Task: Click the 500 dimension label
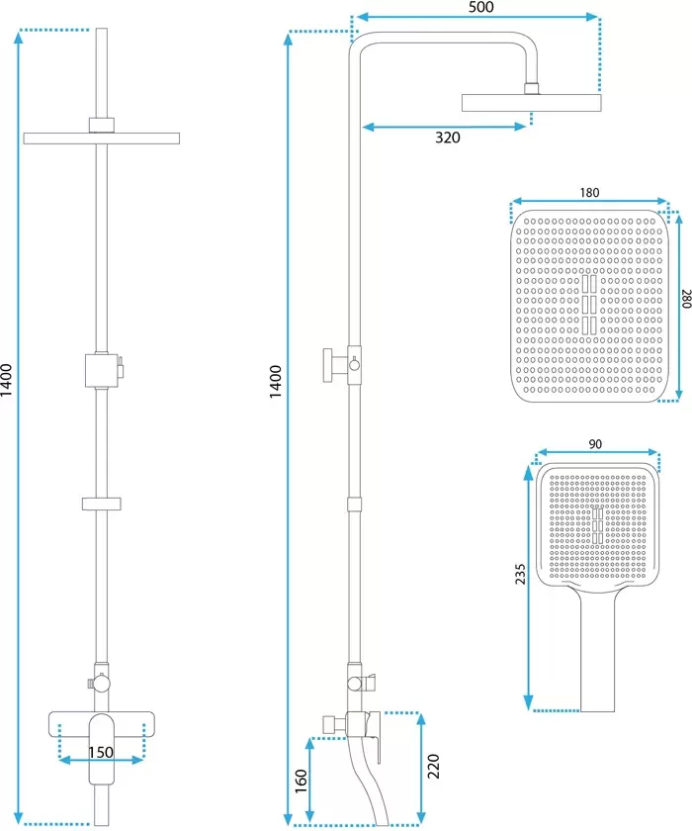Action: tap(480, 8)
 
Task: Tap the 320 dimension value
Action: tap(448, 138)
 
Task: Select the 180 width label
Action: tap(589, 192)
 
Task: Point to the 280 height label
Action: tap(686, 299)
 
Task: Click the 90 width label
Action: tap(595, 444)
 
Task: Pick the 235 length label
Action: tap(520, 574)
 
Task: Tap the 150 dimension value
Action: tap(101, 752)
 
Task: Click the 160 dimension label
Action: tap(301, 782)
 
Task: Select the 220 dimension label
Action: tap(433, 767)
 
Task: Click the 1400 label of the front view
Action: tap(6, 380)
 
